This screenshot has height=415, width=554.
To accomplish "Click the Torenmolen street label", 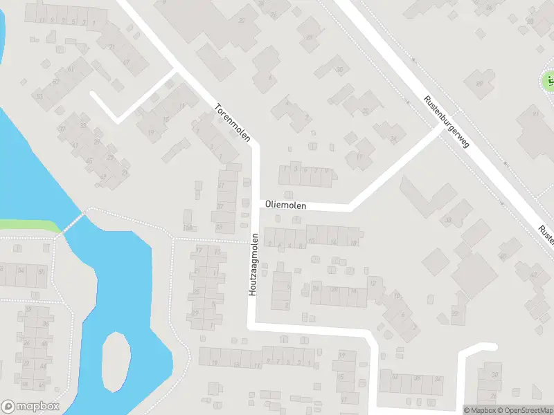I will pyautogui.click(x=232, y=121).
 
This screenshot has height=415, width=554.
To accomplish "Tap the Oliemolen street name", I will pyautogui.click(x=284, y=205).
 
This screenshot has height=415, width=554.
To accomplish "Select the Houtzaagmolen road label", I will pyautogui.click(x=253, y=265).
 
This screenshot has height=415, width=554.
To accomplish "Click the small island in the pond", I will pyautogui.click(x=116, y=361).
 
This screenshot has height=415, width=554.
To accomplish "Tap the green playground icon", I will pyautogui.click(x=548, y=81).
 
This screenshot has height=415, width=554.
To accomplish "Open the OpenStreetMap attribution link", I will pyautogui.click(x=524, y=410).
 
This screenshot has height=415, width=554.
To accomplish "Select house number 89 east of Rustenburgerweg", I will pyautogui.click(x=480, y=84).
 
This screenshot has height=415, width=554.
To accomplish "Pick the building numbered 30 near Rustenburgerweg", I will pyautogui.click(x=339, y=69).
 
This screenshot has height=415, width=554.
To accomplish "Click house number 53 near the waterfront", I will pyautogui.click(x=39, y=96).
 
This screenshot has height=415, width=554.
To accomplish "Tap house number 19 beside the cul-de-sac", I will pyautogui.click(x=151, y=132).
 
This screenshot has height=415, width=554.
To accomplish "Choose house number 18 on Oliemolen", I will pyautogui.click(x=353, y=243).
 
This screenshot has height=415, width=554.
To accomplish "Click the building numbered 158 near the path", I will pyautogui.click(x=187, y=227).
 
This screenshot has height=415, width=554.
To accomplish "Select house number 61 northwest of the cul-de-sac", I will pyautogui.click(x=71, y=70).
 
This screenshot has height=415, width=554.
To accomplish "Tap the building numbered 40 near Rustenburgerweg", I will pyautogui.click(x=503, y=257).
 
